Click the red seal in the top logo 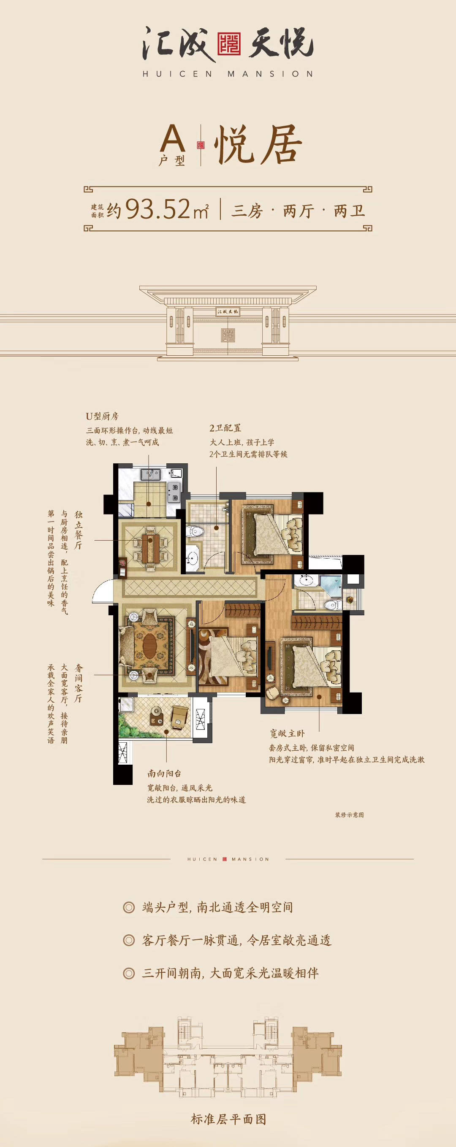point(229,43)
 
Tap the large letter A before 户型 point(172,138)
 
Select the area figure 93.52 point(158,209)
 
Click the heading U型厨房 point(102,417)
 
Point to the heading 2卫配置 point(225,428)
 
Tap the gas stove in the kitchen point(174,492)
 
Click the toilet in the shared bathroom point(195,531)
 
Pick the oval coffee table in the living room point(149,644)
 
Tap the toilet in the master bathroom point(332,604)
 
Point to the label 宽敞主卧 point(287,733)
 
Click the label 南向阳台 point(164,774)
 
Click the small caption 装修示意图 point(349,814)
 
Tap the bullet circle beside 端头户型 point(129,907)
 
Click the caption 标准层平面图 point(228,1120)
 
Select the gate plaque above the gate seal point(228,311)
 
